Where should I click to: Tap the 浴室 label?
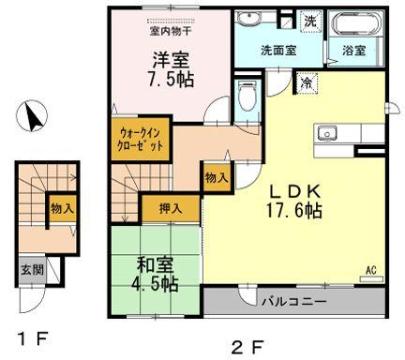point(354,49)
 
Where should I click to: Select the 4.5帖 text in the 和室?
point(154,284)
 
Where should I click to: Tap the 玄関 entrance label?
point(28,270)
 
